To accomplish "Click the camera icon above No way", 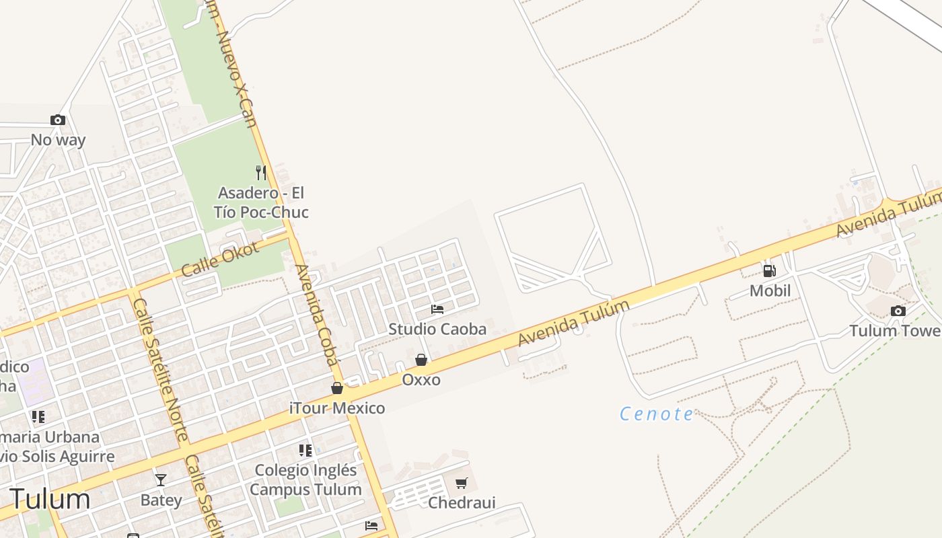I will [58, 120].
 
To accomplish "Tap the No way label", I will [58, 140].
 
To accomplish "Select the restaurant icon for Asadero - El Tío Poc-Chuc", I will [261, 172].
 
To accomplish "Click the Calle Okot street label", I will [210, 259].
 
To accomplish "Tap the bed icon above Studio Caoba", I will [437, 309].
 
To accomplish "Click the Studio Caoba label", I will [437, 329].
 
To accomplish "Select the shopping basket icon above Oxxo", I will [421, 360].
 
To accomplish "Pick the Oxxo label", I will [421, 380].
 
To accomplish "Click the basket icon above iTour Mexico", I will [337, 388].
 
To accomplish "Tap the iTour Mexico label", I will [337, 408].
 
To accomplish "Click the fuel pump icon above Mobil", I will [770, 271].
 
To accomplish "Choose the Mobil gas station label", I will [770, 291].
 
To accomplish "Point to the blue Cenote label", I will [656, 414].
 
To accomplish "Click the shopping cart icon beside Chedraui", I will [462, 483].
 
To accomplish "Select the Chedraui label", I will [462, 502].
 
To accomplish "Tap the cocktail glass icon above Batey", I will [161, 480].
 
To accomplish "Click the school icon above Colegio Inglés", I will [305, 450].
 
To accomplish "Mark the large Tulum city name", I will [50, 499].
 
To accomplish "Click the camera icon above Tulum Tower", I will [898, 311].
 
